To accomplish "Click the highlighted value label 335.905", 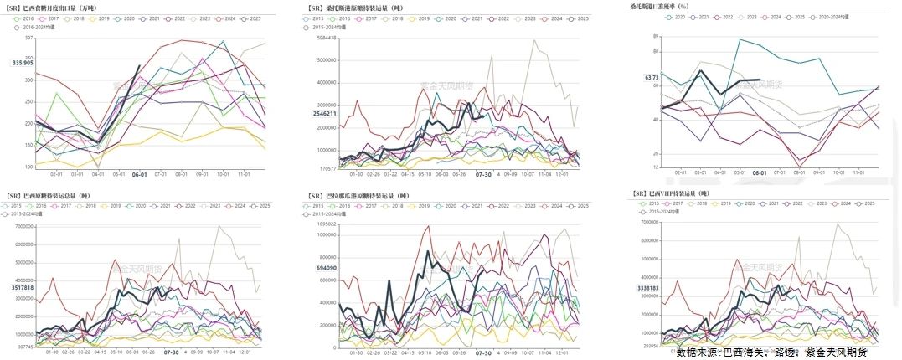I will coord(23,63).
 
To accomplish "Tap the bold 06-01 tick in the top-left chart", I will coord(141,174).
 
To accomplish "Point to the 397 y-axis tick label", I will coord(29,38).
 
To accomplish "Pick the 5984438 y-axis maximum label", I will coord(322,38).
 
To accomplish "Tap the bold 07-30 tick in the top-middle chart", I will coord(483,175).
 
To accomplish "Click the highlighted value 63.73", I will coord(652,77).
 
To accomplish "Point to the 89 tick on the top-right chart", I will coord(656,37).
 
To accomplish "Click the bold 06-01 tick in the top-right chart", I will coord(760,172).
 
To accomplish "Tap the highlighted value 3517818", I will coord(23,287).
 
